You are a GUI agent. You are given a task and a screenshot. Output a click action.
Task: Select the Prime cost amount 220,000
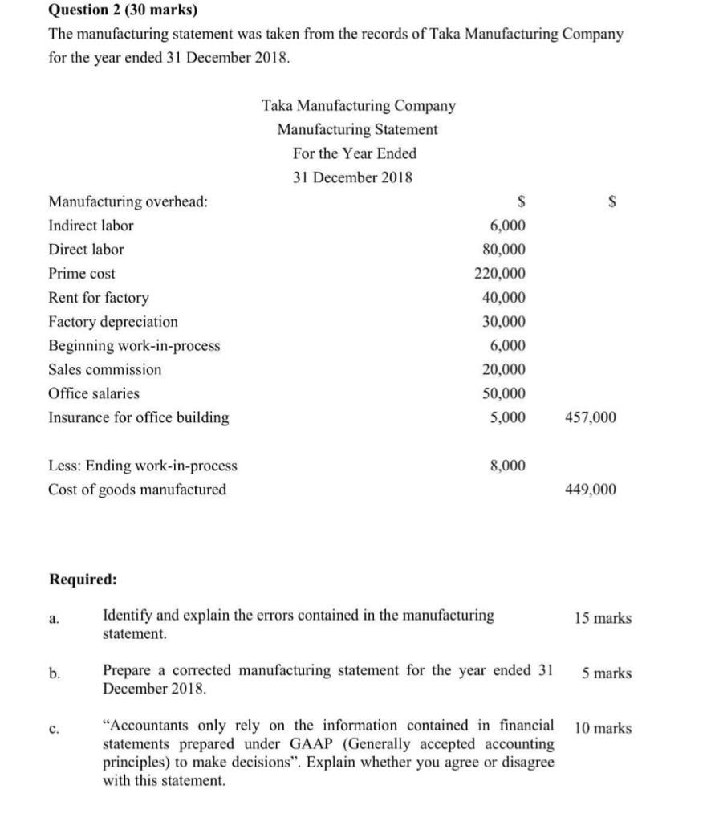[x=501, y=274]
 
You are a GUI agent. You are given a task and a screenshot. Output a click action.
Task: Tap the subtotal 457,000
[x=591, y=417]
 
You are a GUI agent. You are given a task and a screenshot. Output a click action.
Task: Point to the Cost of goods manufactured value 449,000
[x=591, y=490]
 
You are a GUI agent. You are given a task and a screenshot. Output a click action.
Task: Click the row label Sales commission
[x=105, y=370]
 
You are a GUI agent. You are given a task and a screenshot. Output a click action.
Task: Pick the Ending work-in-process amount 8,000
[x=507, y=466]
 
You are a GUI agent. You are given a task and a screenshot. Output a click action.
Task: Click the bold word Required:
[x=83, y=579]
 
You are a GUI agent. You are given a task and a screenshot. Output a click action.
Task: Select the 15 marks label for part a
[x=603, y=618]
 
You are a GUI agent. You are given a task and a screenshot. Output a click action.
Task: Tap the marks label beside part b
[x=606, y=673]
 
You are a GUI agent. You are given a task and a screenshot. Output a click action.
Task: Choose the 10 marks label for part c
[x=603, y=729]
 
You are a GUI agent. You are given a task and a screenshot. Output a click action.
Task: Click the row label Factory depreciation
[x=114, y=322]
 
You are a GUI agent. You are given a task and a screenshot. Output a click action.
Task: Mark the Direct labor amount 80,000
[x=504, y=250]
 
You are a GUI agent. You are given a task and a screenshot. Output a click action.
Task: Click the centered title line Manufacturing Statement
[x=358, y=129]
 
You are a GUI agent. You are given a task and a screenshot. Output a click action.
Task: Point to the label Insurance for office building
[x=139, y=417]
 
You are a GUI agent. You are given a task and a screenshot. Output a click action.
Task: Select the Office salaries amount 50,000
[x=504, y=393]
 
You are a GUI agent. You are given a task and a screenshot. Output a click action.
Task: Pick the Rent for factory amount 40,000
[x=504, y=298]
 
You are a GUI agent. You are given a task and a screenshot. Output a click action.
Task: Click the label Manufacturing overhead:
[x=128, y=201]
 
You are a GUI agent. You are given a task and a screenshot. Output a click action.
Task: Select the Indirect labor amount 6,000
[x=507, y=226]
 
